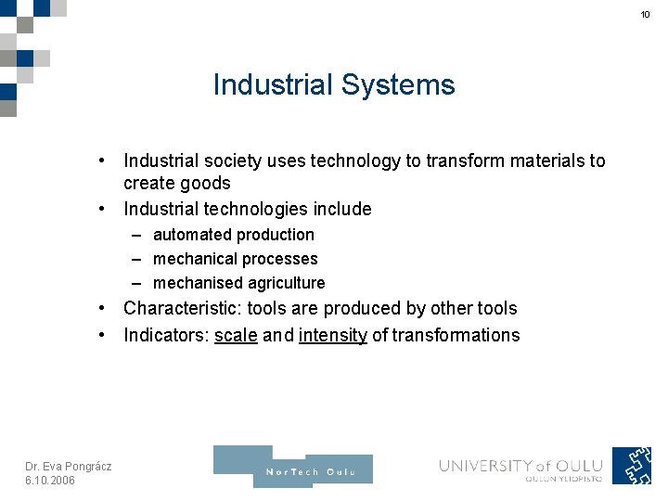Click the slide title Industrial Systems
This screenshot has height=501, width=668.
[x=334, y=84]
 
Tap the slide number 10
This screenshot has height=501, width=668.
[x=646, y=15]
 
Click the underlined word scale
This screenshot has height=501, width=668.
[x=236, y=335]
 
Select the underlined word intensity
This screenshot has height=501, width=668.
[x=333, y=335]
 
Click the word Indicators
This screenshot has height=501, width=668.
[x=164, y=335]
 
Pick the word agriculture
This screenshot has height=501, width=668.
[x=282, y=283]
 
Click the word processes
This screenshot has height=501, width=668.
[x=275, y=259]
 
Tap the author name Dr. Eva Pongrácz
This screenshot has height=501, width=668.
[x=68, y=466]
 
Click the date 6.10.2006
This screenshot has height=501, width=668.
[x=50, y=480]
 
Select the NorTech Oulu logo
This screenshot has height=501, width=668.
[x=293, y=468]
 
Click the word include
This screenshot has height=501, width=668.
[x=342, y=209]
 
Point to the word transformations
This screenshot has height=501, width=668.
[x=456, y=335]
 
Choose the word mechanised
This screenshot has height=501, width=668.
[x=198, y=283]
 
